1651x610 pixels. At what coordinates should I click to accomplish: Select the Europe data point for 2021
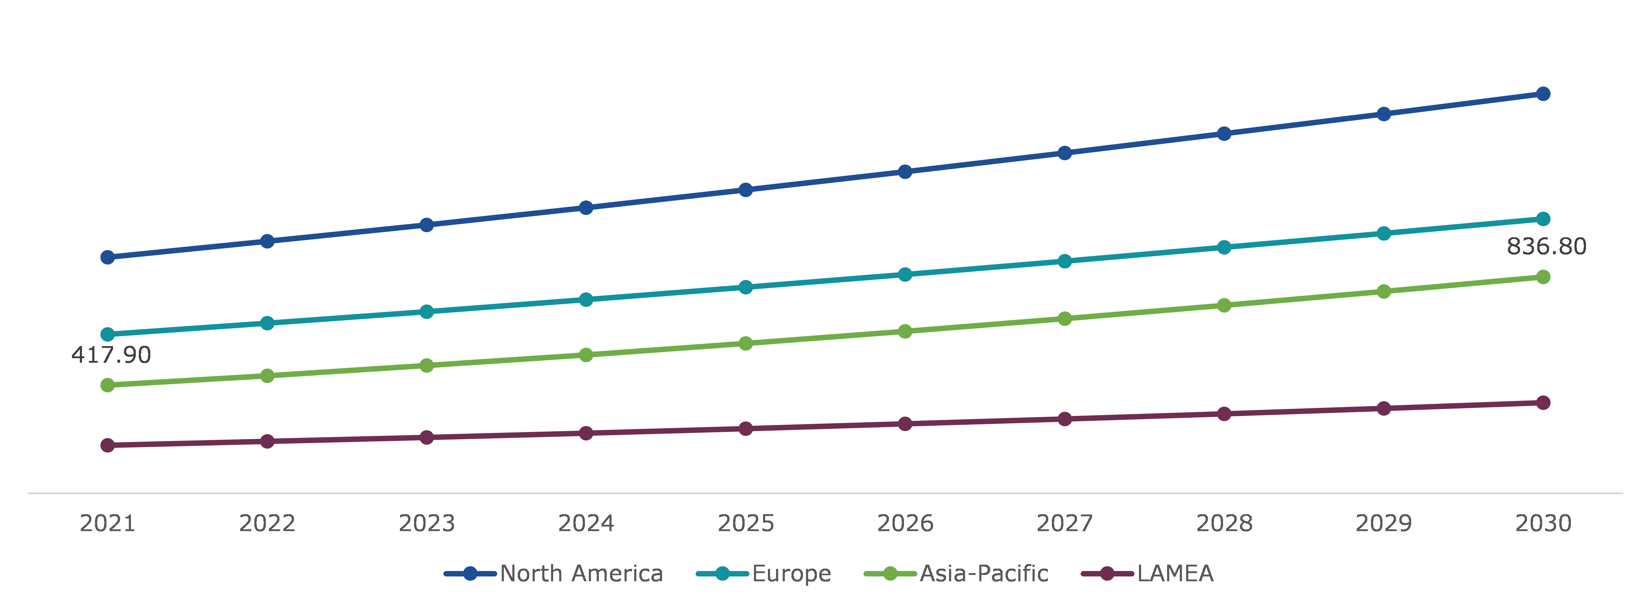click(108, 335)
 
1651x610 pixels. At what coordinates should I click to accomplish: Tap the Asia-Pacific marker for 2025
click(746, 343)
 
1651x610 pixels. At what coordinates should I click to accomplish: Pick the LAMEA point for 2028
click(1224, 414)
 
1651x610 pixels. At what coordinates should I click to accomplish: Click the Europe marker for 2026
click(905, 274)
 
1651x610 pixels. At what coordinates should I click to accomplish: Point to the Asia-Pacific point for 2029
click(1384, 291)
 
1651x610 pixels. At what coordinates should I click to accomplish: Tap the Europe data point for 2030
click(1543, 219)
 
